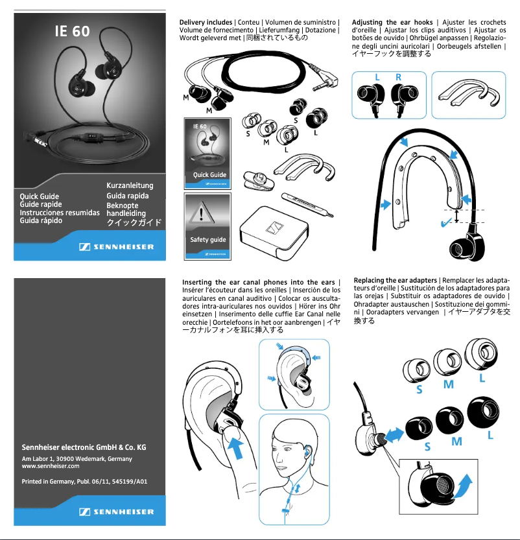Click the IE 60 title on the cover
(x=72, y=31)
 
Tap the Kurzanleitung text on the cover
(x=130, y=186)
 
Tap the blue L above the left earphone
(x=377, y=77)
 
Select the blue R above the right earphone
(x=398, y=77)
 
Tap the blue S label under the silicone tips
(x=420, y=390)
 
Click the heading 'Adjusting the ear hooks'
(x=392, y=23)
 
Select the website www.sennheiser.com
(x=51, y=466)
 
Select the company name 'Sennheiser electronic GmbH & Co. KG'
(x=84, y=447)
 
